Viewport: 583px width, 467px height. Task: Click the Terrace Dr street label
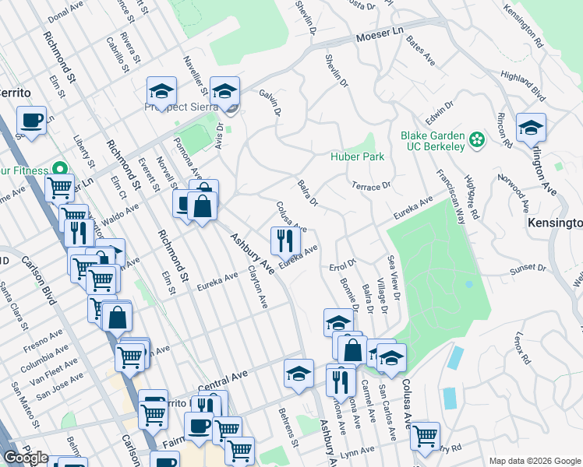coord(370,187)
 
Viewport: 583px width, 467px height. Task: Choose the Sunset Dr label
coord(527,269)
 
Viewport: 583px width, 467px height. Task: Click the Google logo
coord(26,458)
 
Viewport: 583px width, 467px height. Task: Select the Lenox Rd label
coord(522,349)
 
